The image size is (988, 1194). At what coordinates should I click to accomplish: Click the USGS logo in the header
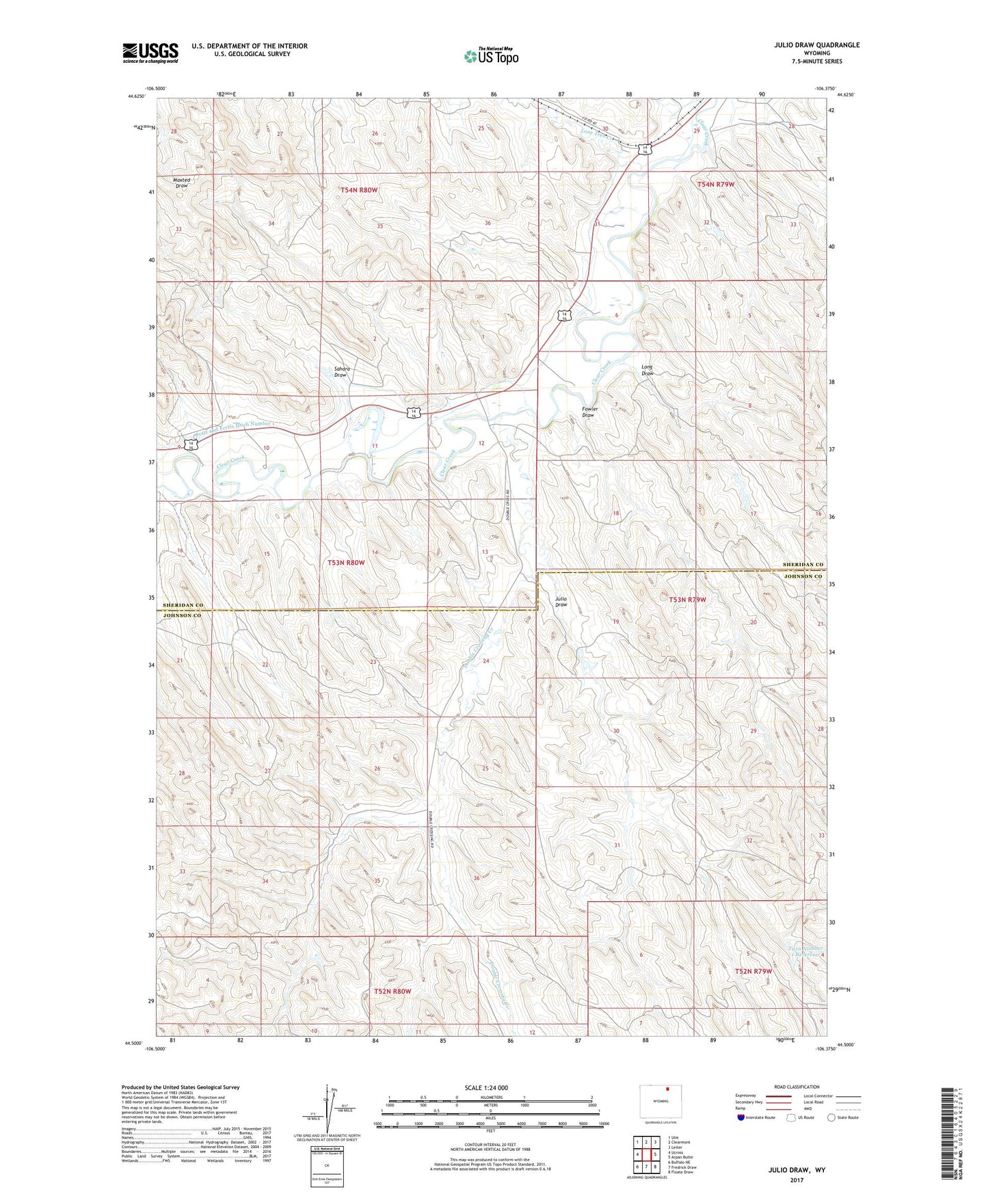150,53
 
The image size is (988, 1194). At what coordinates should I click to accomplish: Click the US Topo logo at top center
491,56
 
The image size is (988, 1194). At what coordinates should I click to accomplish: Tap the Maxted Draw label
181,183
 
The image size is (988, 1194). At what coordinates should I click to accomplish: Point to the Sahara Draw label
341,372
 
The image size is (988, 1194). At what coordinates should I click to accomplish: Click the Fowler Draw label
589,412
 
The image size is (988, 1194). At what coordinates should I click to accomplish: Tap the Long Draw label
647,370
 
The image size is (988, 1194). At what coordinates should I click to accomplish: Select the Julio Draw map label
561,602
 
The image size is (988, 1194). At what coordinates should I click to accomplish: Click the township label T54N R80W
359,190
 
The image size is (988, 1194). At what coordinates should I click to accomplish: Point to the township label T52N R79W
753,971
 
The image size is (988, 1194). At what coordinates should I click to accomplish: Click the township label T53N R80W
346,563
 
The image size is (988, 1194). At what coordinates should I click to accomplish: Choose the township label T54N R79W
716,185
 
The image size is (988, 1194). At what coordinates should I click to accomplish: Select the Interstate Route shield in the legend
742,1117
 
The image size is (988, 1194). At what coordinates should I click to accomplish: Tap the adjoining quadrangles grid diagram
646,1154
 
